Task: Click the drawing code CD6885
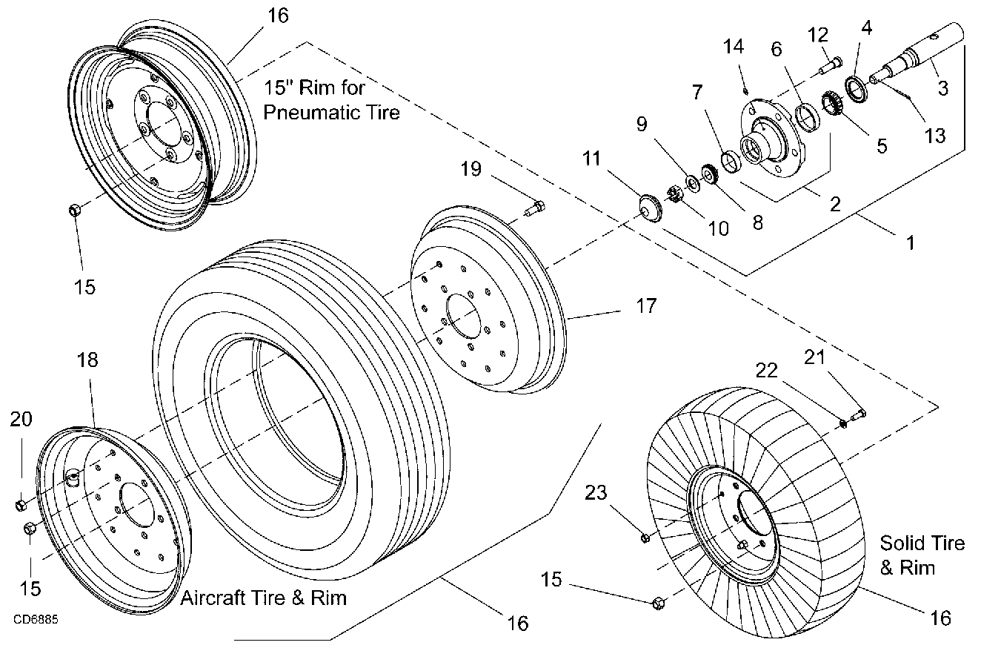[x=35, y=617]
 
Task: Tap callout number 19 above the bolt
[x=470, y=169]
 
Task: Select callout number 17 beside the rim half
[x=646, y=305]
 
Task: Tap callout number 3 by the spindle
[x=942, y=88]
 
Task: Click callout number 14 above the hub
[x=733, y=47]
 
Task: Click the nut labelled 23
[x=645, y=536]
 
